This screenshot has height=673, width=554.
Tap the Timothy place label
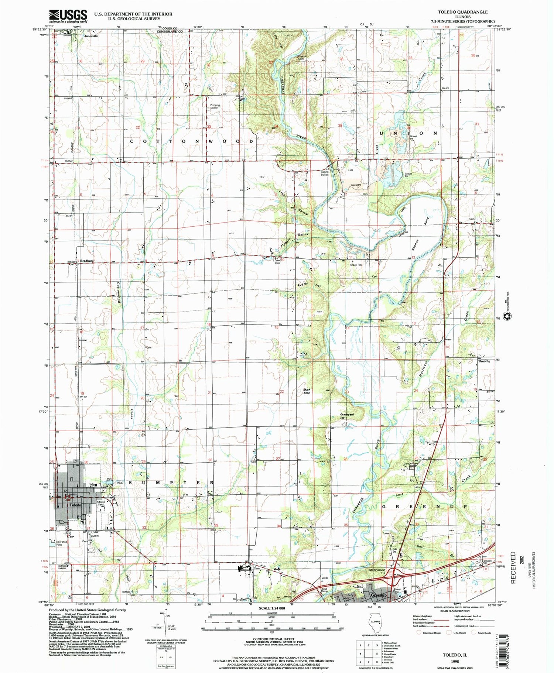point(484,361)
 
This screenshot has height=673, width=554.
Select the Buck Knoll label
point(307,391)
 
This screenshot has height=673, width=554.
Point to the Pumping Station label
point(215,106)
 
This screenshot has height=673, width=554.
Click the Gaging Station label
point(324,173)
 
